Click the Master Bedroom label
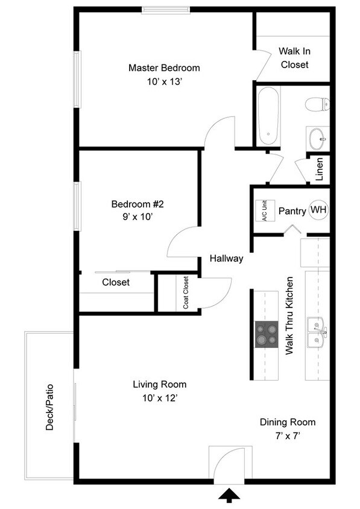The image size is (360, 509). tap(164, 68)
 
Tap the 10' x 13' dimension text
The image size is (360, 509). tap(164, 81)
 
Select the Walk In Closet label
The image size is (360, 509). tap(294, 58)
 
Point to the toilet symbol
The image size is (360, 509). tap(317, 104)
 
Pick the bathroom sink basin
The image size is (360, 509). tap(317, 139)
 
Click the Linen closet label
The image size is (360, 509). tap(320, 169)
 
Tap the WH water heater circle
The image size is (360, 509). tap(318, 210)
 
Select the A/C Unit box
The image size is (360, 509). tap(265, 210)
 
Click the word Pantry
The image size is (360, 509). tap(292, 211)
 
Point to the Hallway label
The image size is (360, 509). tap(226, 258)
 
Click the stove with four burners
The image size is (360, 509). tap(267, 334)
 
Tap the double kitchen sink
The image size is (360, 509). tap(317, 332)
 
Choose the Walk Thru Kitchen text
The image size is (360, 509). tap(289, 315)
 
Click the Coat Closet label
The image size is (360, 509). tap(186, 292)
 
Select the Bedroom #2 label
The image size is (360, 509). tap(137, 204)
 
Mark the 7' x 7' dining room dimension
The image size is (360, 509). tap(287, 435)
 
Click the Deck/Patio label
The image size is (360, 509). tap(49, 408)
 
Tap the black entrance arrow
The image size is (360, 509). tap(229, 496)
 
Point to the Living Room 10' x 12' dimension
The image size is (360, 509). tap(159, 397)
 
